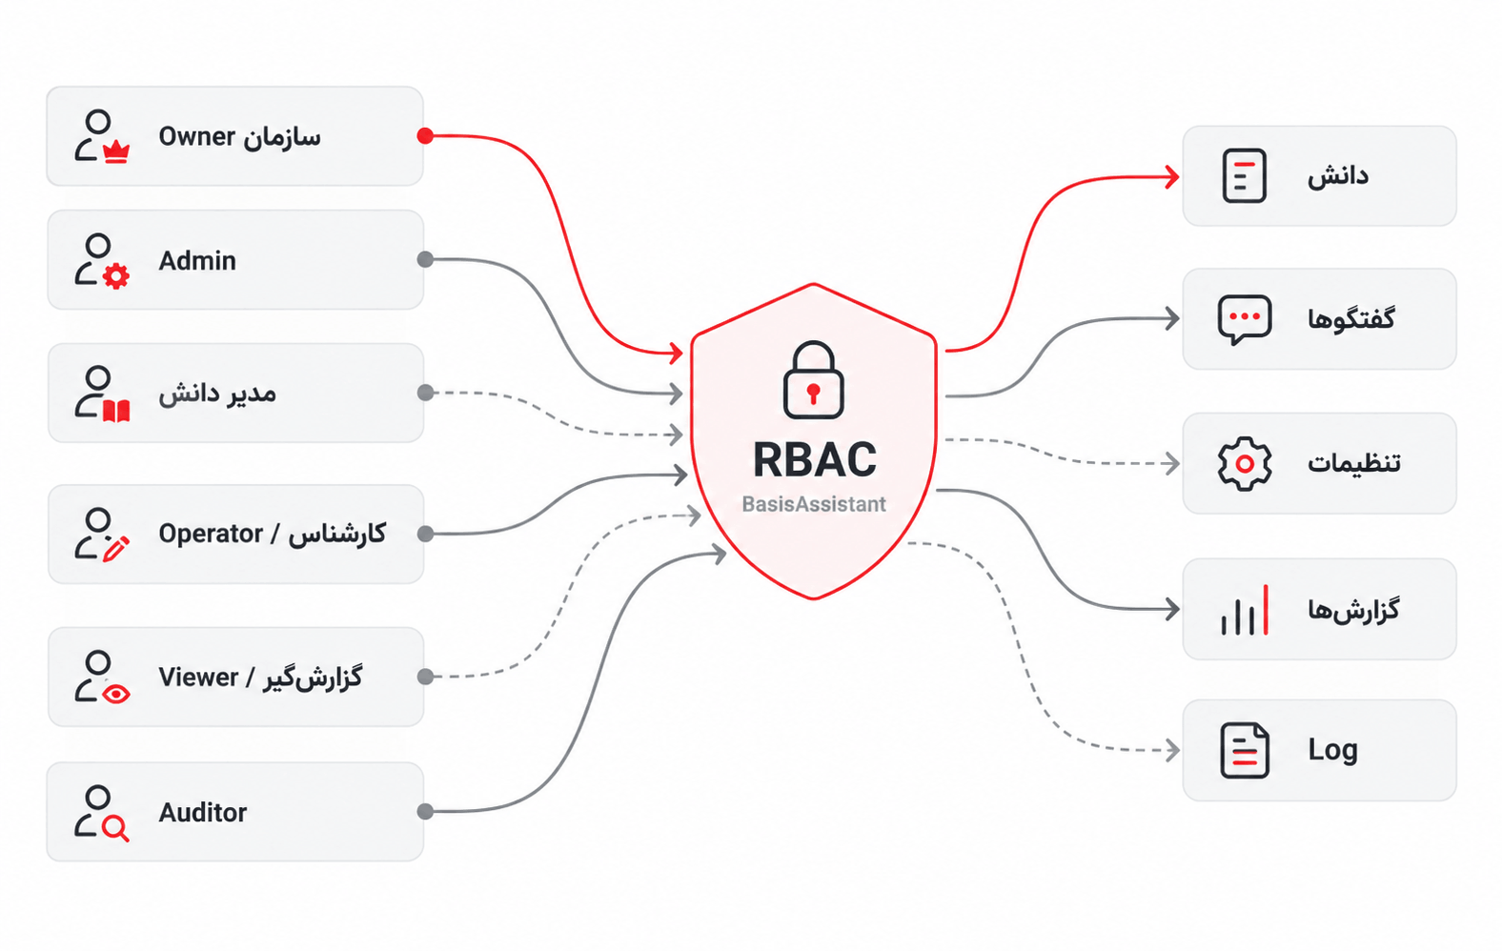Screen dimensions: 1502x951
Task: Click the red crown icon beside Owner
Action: coord(116,152)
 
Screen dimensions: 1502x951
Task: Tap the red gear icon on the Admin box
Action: coord(116,276)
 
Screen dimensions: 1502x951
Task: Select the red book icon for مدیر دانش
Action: coord(116,411)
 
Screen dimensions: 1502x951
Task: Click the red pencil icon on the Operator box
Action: coord(116,549)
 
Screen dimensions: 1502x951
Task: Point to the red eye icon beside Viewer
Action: coord(116,694)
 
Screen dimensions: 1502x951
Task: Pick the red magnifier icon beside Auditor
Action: coord(116,828)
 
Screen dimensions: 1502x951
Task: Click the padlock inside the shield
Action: coord(813,380)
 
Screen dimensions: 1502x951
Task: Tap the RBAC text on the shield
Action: coord(814,460)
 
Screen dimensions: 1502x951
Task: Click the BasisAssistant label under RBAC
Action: coord(814,504)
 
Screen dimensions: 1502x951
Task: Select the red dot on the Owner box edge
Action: coord(425,136)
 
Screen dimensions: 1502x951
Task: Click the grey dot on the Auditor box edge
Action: coord(425,812)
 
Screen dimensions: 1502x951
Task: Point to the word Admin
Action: coord(197,261)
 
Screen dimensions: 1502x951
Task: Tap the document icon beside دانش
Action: coord(1245,175)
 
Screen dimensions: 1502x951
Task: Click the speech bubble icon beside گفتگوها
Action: coord(1245,320)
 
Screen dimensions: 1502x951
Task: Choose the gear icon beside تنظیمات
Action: coord(1245,464)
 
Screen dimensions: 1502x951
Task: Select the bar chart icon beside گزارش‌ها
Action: coord(1245,610)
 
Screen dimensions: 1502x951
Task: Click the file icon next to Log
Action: coord(1245,751)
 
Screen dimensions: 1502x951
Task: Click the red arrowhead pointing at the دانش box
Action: coord(1172,177)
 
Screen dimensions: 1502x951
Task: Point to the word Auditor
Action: coord(202,813)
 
